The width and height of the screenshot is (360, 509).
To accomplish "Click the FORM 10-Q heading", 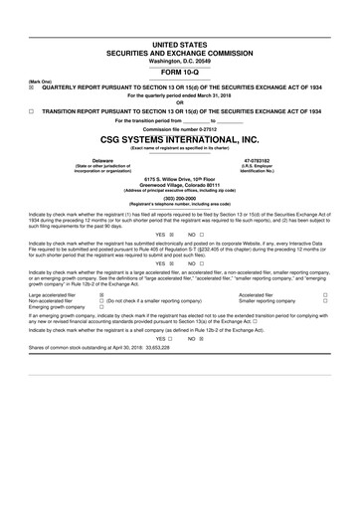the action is pyautogui.click(x=180, y=72).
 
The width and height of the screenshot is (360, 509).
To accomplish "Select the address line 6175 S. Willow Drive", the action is pyautogui.click(x=180, y=177).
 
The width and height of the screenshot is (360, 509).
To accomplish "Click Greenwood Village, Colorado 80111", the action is pyautogui.click(x=180, y=183).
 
